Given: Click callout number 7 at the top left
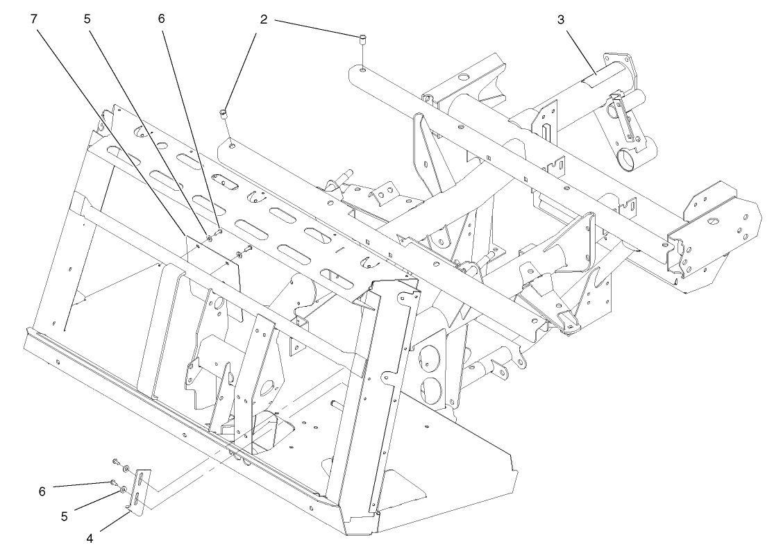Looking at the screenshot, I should coord(33,19).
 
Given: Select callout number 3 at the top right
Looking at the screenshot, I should coord(560,19).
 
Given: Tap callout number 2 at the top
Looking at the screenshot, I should coord(264,19).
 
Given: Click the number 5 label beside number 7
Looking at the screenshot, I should coord(87,19).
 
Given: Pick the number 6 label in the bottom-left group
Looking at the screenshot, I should coord(42,491).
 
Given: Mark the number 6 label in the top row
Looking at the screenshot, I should coord(161,19).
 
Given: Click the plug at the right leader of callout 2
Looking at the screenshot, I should coord(362,39).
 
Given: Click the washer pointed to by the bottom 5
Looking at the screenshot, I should coord(124,490).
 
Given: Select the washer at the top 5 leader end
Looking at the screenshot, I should coord(209,238).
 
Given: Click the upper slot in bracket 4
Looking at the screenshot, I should coord(142,478).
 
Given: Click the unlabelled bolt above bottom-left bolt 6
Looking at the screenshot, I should coord(115,461).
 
